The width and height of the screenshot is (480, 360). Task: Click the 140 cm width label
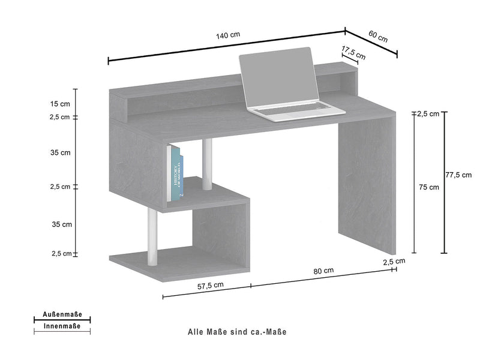tap(227, 35)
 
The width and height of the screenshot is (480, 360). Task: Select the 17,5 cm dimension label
tap(354, 51)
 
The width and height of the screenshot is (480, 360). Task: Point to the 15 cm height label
tap(61, 104)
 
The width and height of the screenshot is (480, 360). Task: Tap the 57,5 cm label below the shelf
tap(211, 286)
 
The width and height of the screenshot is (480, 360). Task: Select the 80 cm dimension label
tap(323, 271)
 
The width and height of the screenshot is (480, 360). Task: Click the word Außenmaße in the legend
tap(62, 315)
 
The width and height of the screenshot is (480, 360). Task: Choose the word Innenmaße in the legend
tap(62, 326)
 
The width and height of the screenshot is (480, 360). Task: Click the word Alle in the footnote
tap(197, 331)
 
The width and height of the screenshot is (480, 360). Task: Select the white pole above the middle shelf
tap(207, 163)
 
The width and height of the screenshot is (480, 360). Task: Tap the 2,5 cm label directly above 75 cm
tap(428, 113)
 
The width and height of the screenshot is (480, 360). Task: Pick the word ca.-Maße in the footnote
tap(277, 331)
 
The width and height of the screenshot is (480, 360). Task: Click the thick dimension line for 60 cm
tap(372, 42)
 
